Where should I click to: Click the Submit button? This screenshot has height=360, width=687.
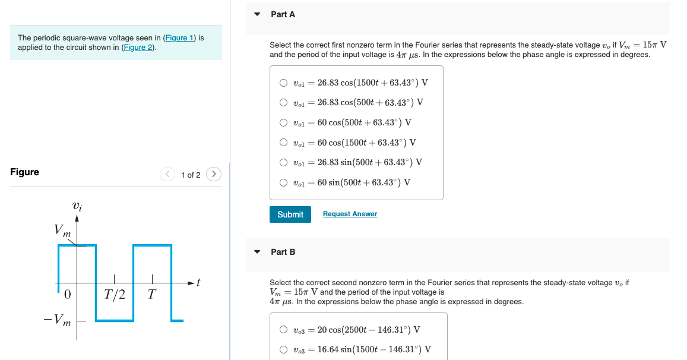click(x=290, y=214)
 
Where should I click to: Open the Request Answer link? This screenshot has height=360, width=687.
click(x=350, y=214)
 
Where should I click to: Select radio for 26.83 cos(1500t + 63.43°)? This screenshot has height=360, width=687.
click(x=284, y=83)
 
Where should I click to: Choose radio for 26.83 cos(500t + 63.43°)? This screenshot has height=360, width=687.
click(x=284, y=102)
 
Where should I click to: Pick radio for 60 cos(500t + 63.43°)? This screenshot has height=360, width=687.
click(x=284, y=123)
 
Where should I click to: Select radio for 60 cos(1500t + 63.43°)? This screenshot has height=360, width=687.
click(x=284, y=143)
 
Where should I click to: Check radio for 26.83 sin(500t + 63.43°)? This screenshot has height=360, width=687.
click(x=284, y=162)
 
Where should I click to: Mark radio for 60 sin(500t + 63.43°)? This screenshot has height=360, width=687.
click(x=284, y=182)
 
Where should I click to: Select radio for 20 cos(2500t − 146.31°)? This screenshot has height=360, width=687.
click(x=284, y=330)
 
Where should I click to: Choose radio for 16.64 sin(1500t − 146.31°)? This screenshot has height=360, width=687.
click(x=284, y=349)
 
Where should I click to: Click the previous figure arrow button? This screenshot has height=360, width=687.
click(x=167, y=174)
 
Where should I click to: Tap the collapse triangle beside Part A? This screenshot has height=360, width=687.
click(x=257, y=14)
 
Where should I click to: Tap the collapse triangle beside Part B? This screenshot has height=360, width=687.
click(x=257, y=252)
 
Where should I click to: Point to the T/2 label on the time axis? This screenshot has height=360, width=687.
click(x=115, y=294)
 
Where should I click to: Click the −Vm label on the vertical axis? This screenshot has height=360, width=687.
click(x=58, y=321)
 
